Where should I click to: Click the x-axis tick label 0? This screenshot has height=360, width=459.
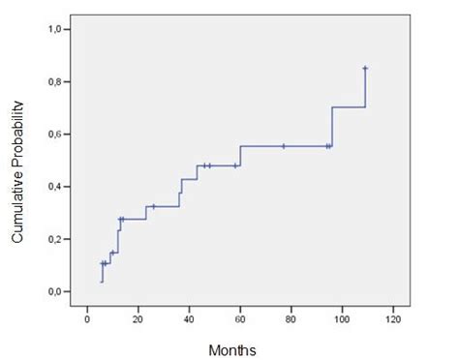(87, 318)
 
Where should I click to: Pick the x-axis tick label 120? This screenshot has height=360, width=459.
(394, 318)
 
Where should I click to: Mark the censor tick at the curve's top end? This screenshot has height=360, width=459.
(365, 68)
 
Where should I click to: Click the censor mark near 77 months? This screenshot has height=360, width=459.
(284, 146)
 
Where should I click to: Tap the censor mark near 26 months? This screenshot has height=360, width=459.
(153, 206)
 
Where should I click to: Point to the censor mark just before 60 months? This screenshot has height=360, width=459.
(235, 165)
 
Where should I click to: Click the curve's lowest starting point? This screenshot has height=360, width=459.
(102, 282)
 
